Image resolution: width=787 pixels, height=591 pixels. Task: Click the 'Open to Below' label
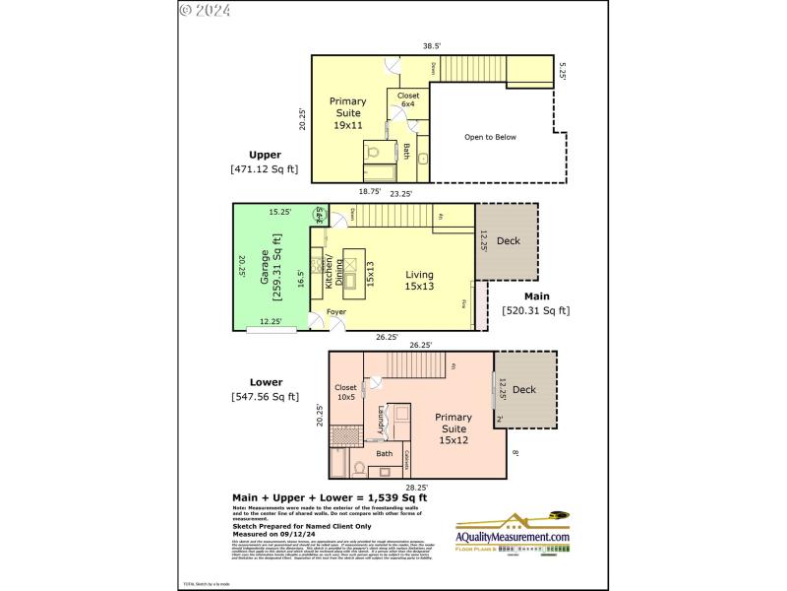click(490, 137)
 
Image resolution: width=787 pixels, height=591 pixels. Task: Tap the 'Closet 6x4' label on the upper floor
click(407, 99)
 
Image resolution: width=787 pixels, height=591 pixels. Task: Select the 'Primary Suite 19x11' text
click(347, 113)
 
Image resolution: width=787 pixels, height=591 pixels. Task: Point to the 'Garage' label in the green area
click(266, 266)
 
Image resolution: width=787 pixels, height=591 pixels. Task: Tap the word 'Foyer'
click(336, 312)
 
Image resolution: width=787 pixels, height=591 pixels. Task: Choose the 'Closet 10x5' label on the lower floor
click(345, 393)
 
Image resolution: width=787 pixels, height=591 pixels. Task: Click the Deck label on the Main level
click(508, 240)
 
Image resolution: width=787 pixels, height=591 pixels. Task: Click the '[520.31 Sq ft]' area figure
click(535, 310)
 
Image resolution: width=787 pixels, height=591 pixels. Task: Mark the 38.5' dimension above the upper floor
click(431, 45)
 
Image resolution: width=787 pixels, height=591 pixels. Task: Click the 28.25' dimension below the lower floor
click(418, 487)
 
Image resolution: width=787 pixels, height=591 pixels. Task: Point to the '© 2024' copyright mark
click(205, 11)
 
